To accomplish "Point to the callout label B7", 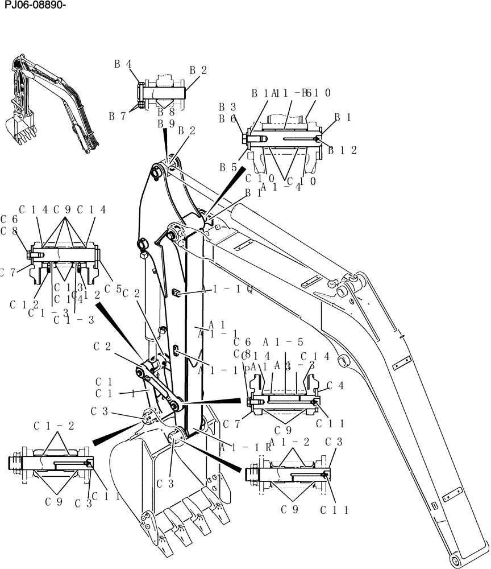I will point(117,116).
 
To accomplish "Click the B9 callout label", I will point(166,123).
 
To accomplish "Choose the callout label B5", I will point(228,168).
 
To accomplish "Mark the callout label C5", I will point(113,289).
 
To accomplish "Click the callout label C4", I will point(336,385).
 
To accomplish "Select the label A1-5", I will point(283,342).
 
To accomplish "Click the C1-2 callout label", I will point(53,426).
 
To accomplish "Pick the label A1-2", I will point(289,442).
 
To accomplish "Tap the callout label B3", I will point(228,107).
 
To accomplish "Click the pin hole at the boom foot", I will point(457,560).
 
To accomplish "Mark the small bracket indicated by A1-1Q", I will point(176,292).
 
